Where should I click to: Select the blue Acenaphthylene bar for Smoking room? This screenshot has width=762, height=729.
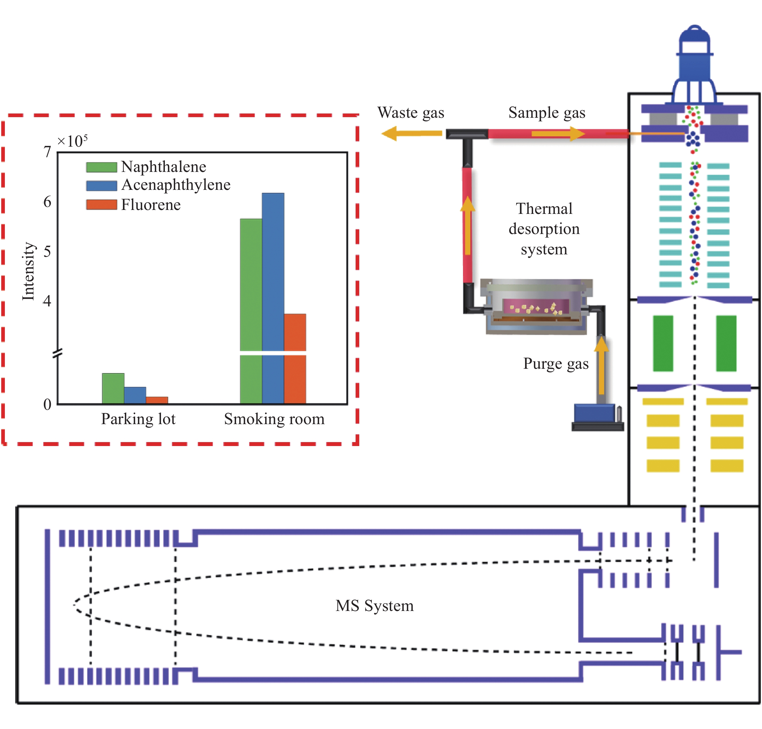click(273, 295)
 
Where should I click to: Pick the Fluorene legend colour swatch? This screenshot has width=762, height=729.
click(101, 204)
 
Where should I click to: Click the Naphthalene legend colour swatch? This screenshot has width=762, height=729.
click(101, 167)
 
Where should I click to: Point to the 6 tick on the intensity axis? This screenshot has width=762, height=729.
click(47, 202)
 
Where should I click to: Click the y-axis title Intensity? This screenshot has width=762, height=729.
click(28, 271)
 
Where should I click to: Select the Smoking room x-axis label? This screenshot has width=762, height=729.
click(274, 419)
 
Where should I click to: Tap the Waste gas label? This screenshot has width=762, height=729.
click(410, 113)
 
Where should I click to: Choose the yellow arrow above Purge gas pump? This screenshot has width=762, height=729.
click(601, 365)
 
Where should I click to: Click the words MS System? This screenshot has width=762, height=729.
click(374, 605)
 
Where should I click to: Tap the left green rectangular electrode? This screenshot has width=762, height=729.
click(663, 343)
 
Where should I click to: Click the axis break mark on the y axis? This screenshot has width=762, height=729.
click(57, 353)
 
